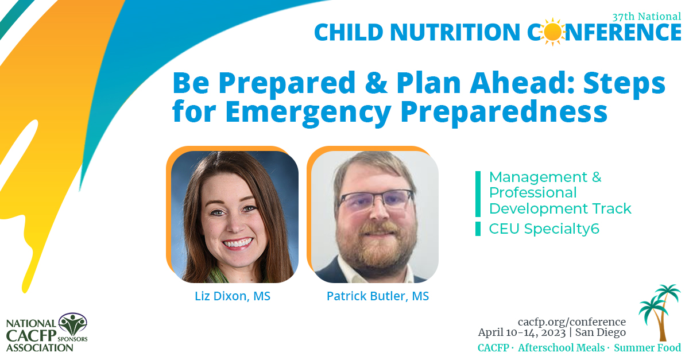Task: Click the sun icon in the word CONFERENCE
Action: [552, 32]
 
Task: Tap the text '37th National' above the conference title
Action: [647, 17]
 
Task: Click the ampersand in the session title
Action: [376, 83]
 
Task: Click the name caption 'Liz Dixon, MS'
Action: [233, 296]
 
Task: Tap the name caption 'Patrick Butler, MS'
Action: [378, 296]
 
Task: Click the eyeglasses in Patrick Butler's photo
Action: [376, 200]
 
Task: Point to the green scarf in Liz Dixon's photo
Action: [219, 275]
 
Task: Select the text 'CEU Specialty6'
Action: [544, 229]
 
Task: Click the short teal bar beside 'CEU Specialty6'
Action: [478, 229]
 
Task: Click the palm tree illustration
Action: [660, 312]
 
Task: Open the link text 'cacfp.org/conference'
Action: [572, 322]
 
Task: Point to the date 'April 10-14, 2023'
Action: [522, 332]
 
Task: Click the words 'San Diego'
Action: [601, 332]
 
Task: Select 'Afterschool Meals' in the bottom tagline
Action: [562, 348]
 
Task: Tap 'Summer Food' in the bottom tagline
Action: [648, 348]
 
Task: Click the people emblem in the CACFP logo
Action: [73, 324]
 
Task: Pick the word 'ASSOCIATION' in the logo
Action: [40, 349]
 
